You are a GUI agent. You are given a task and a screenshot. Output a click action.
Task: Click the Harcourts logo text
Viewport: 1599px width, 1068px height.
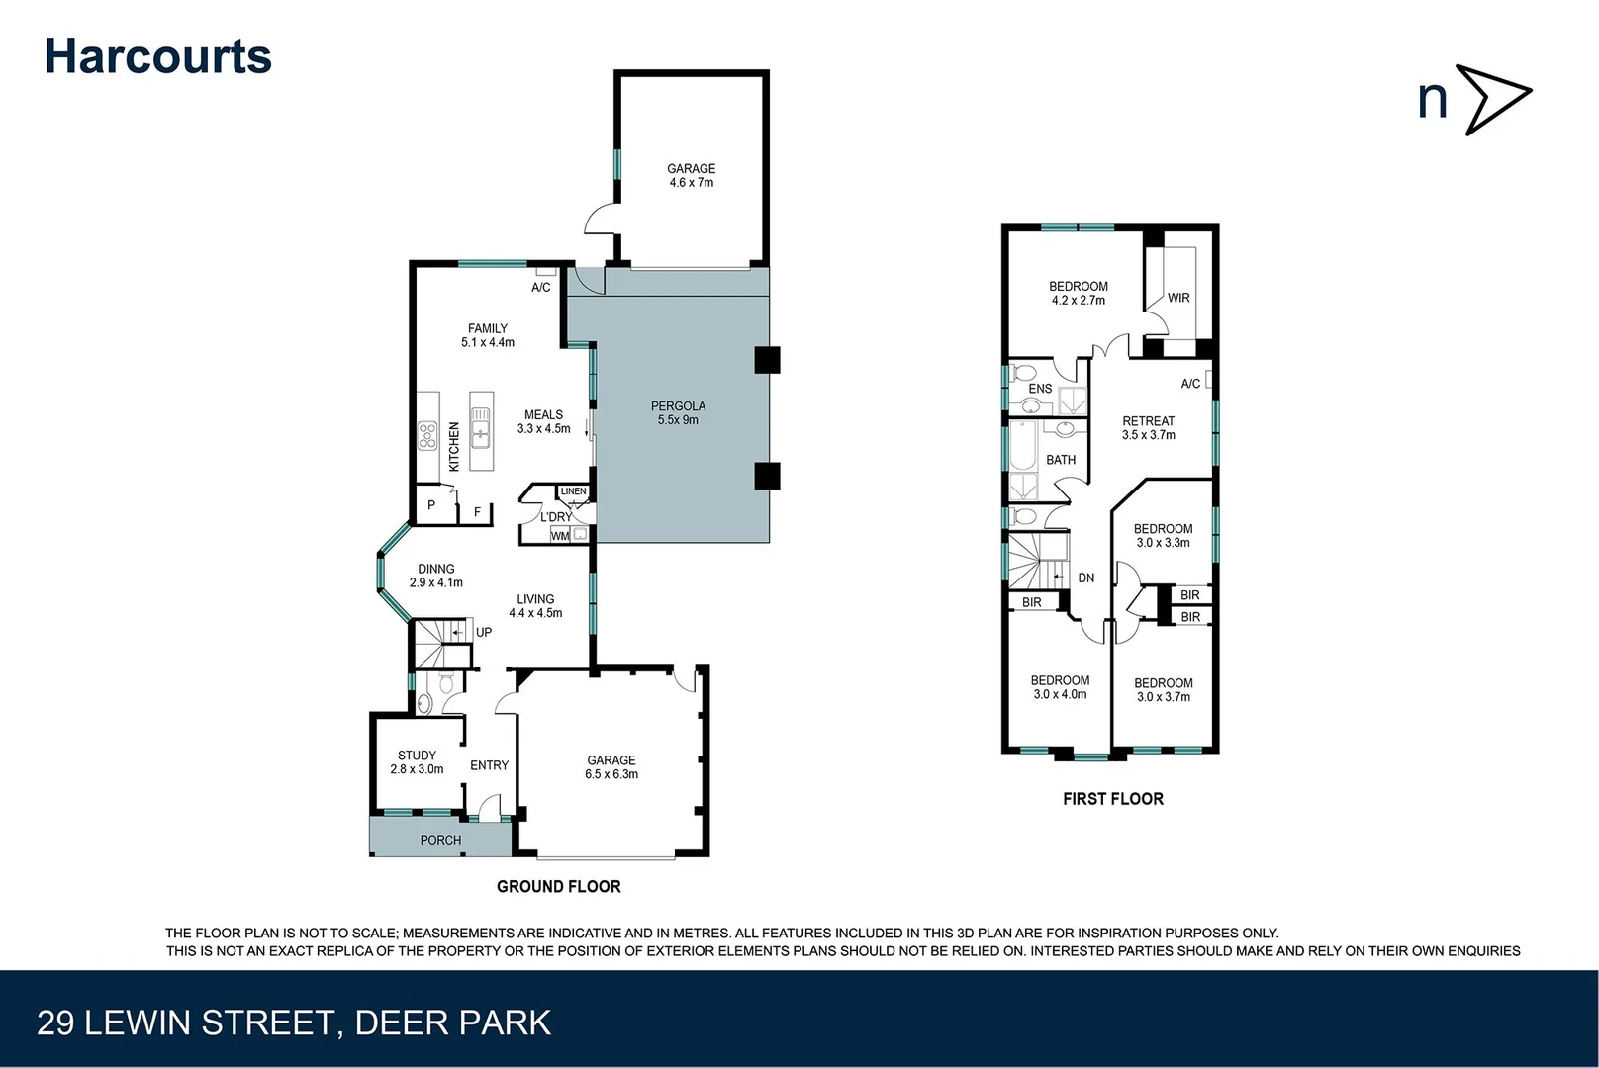click(158, 56)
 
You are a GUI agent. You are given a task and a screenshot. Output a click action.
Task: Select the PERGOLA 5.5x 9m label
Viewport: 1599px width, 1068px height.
click(678, 413)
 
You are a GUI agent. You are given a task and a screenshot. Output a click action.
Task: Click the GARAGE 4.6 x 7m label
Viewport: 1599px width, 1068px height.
click(691, 176)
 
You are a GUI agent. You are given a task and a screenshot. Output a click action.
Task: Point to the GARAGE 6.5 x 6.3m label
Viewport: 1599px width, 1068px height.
click(611, 767)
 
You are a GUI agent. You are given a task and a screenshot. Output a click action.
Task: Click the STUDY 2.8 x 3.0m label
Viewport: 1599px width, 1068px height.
click(417, 761)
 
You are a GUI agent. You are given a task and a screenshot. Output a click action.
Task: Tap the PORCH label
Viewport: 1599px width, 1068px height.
click(440, 840)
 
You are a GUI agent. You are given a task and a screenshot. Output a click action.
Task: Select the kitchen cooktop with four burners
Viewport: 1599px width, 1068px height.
click(427, 435)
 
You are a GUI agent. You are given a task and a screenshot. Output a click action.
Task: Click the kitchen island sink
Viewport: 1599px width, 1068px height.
click(481, 432)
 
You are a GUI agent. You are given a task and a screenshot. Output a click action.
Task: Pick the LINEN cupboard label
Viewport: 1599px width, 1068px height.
click(573, 491)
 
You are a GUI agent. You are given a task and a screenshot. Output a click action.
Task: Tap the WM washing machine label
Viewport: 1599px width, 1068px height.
click(560, 536)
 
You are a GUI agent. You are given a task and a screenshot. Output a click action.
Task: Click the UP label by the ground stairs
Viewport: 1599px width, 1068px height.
click(483, 632)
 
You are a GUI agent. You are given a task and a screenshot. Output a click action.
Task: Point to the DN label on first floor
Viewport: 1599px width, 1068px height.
click(1085, 578)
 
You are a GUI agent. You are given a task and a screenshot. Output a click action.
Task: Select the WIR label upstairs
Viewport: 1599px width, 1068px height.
click(1177, 298)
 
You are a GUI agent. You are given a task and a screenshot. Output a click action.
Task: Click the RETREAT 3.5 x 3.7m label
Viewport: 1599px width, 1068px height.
click(1148, 428)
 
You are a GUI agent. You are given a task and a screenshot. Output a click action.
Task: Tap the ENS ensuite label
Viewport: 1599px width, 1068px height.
click(1040, 389)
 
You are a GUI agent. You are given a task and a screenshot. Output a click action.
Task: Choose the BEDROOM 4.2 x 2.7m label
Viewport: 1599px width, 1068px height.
click(1078, 294)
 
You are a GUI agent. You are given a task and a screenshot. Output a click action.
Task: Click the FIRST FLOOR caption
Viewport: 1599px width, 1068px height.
click(1112, 799)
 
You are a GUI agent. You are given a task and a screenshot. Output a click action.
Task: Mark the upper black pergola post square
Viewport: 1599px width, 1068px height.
click(767, 360)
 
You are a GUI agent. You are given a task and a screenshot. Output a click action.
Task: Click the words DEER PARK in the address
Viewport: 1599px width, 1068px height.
click(452, 1023)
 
